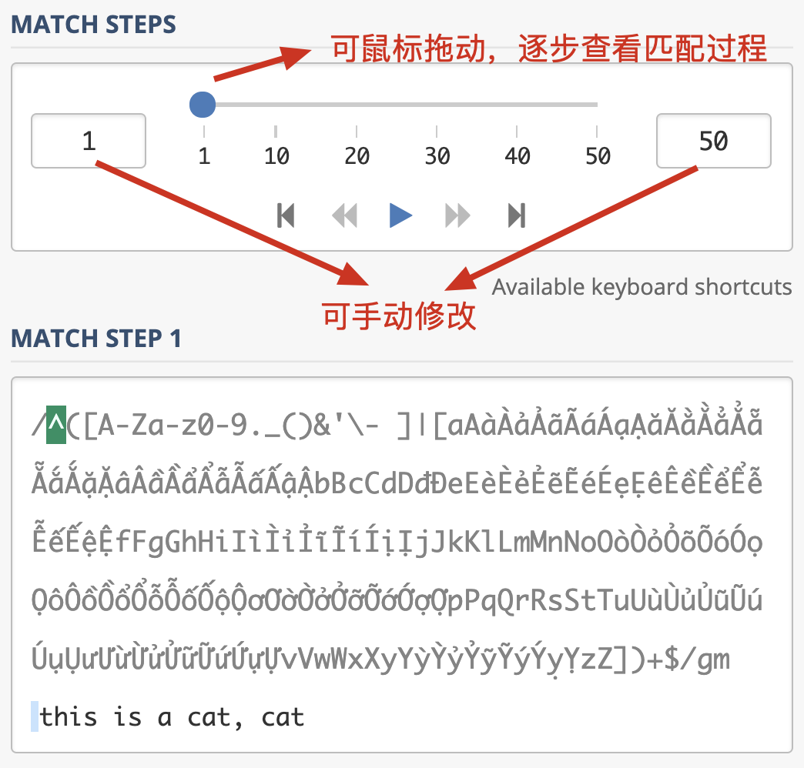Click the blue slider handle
pyautogui.click(x=203, y=105)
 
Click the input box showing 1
pyautogui.click(x=89, y=141)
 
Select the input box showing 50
pyautogui.click(x=714, y=141)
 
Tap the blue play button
pyautogui.click(x=400, y=215)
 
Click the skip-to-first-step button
pyautogui.click(x=286, y=215)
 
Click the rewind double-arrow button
pyautogui.click(x=344, y=215)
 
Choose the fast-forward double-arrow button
pyautogui.click(x=457, y=215)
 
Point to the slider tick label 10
pyautogui.click(x=276, y=155)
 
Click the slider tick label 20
pyautogui.click(x=357, y=155)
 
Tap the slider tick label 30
pyautogui.click(x=437, y=155)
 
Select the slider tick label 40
pyautogui.click(x=518, y=155)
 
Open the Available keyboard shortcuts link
pyautogui.click(x=642, y=287)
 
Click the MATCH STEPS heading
pyautogui.click(x=93, y=25)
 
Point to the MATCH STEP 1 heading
pyautogui.click(x=96, y=338)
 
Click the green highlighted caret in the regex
pyautogui.click(x=56, y=425)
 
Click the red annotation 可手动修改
pyautogui.click(x=399, y=316)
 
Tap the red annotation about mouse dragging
pyautogui.click(x=549, y=48)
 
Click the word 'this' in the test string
pyautogui.click(x=69, y=716)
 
